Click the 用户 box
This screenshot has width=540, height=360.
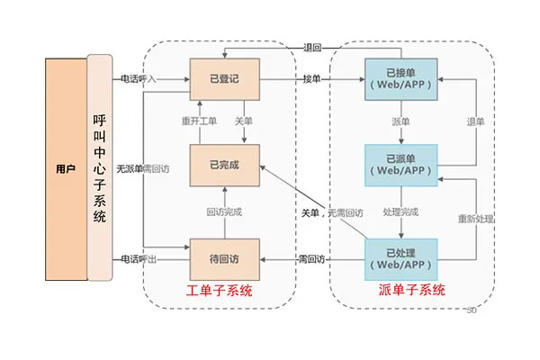[65, 168]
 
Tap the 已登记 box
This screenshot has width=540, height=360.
[224, 79]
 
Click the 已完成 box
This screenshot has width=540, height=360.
[224, 165]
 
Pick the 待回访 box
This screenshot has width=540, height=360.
[224, 259]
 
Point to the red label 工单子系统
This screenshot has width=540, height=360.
[220, 291]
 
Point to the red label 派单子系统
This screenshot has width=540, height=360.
[411, 291]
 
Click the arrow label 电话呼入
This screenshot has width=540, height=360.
[139, 79]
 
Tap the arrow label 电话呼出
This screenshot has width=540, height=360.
[139, 259]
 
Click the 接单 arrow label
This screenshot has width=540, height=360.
[312, 79]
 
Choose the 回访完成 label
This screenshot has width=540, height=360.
[224, 212]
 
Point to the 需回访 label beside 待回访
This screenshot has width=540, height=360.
[312, 259]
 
